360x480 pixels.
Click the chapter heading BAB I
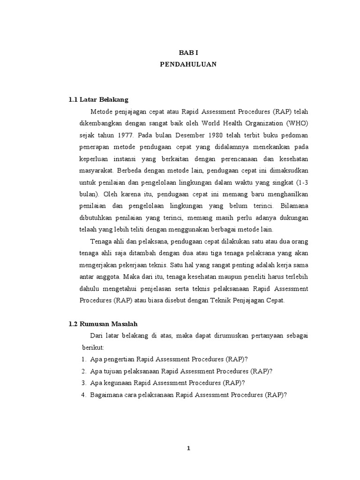pos(187,53)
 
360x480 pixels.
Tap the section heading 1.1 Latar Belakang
pos(98,100)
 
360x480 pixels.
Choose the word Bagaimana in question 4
pos(106,395)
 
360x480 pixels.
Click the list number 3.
pos(83,383)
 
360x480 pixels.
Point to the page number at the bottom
pos(188,448)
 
